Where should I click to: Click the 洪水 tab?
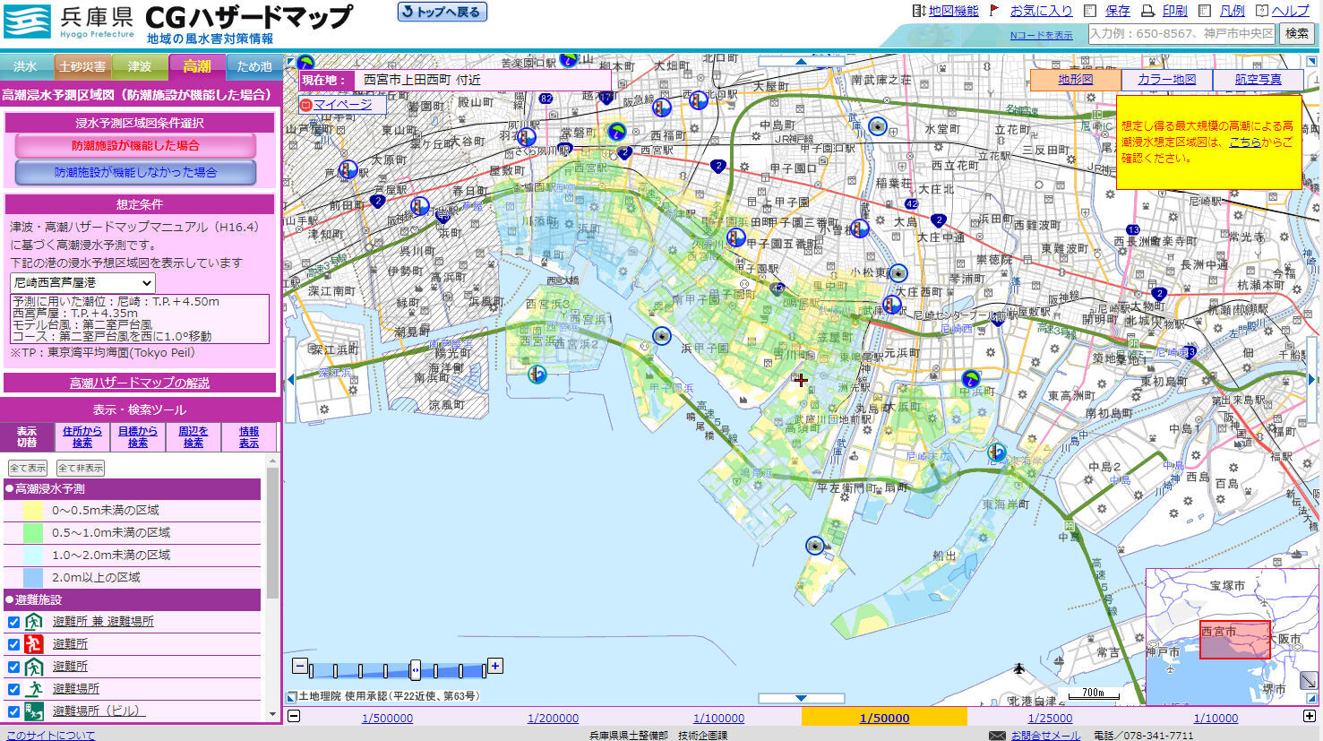[25, 66]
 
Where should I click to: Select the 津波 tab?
[140, 66]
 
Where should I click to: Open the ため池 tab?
[254, 66]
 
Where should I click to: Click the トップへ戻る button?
[442, 13]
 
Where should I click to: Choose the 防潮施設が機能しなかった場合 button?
[135, 172]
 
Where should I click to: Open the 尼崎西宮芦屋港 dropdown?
[82, 282]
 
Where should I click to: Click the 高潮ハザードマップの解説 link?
[140, 383]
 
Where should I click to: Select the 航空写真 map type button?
[1258, 80]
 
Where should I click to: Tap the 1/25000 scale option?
[1050, 718]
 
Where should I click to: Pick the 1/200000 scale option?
[553, 718]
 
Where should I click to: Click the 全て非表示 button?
[81, 468]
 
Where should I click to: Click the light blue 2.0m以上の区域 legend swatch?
[33, 577]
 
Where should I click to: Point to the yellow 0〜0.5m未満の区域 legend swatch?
[33, 510]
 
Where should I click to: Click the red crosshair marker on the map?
[800, 380]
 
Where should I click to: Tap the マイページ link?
[342, 105]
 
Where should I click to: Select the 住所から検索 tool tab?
[83, 436]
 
